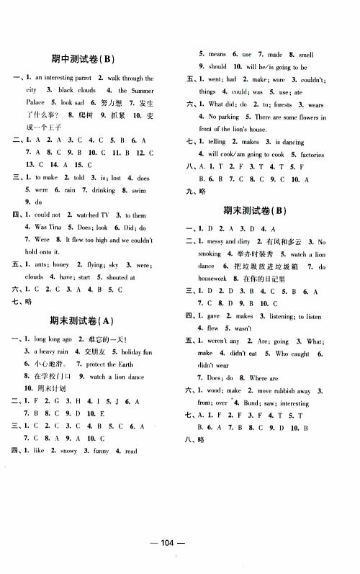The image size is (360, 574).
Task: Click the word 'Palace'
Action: tap(37, 102)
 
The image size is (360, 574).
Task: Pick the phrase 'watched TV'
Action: tap(87, 215)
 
